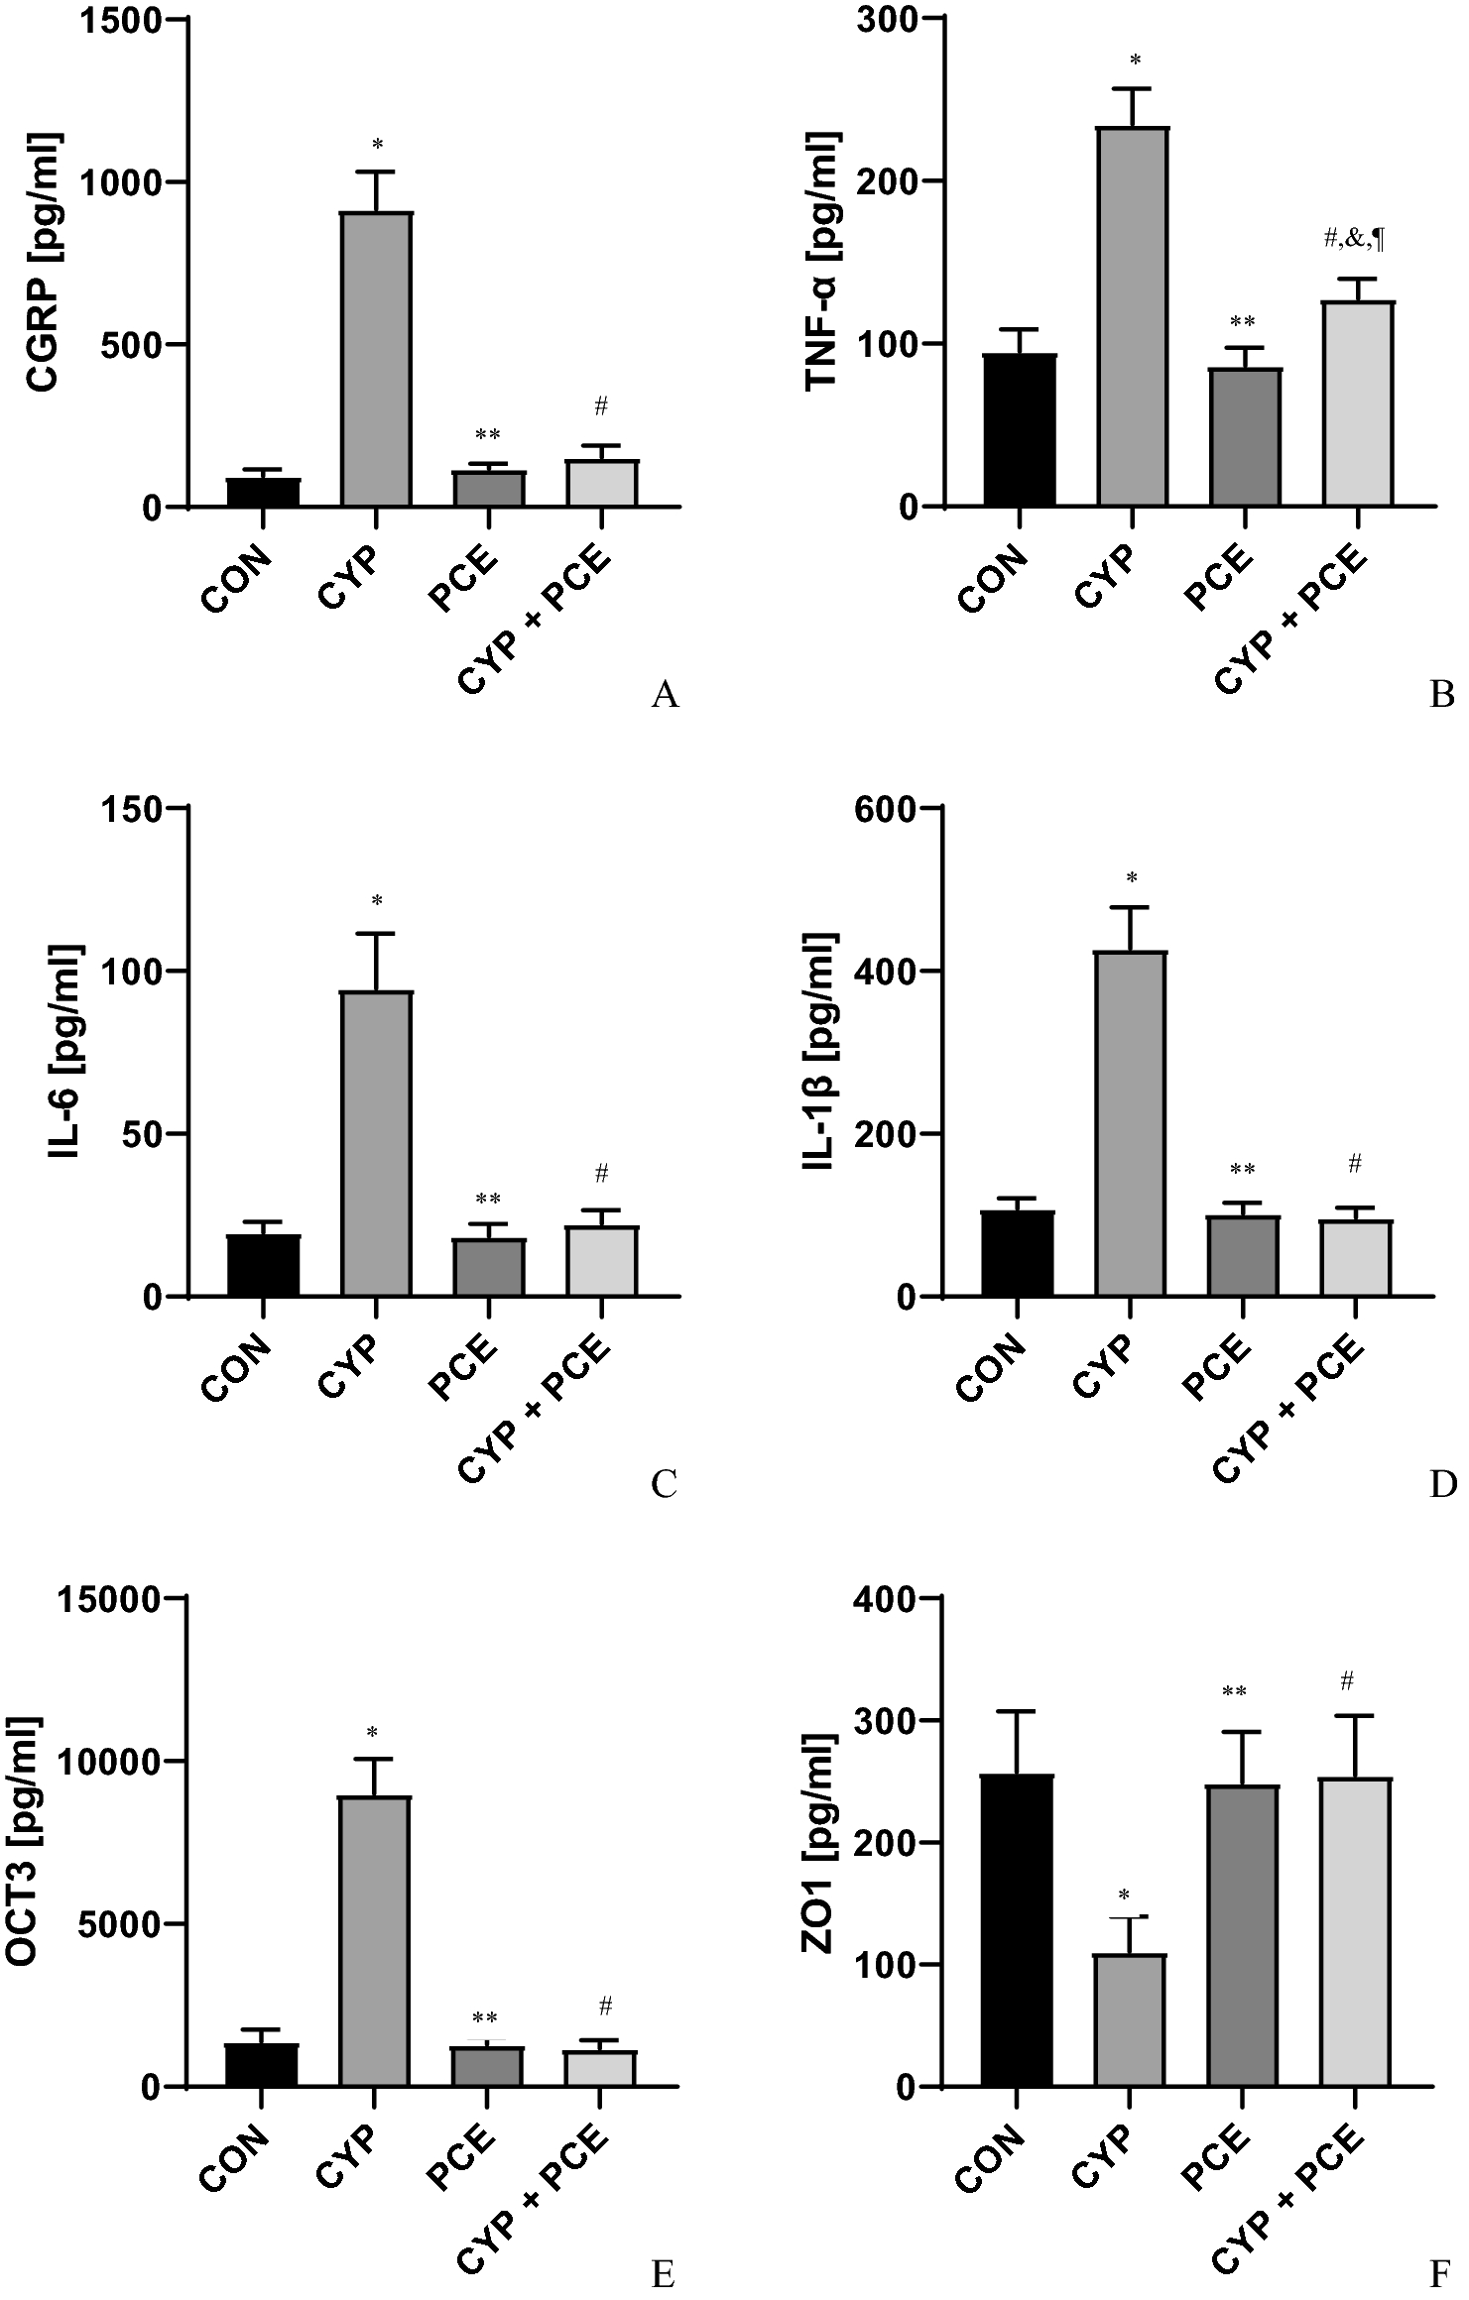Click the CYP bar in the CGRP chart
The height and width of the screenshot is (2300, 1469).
376,359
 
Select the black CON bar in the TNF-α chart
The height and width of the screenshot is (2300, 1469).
1020,430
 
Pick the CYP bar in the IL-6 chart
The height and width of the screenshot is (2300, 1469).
376,1143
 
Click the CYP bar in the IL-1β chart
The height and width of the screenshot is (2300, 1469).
1130,1123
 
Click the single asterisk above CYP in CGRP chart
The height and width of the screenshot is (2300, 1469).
377,146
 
